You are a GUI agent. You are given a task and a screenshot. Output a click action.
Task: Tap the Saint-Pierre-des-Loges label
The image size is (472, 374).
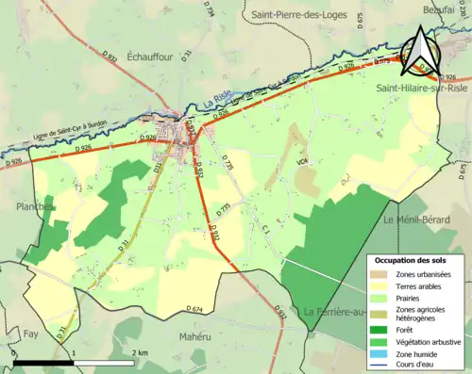click(296, 15)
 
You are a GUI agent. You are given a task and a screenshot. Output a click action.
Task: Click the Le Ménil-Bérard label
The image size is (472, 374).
click(417, 220)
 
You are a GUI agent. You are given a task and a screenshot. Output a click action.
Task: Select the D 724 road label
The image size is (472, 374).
click(211, 11)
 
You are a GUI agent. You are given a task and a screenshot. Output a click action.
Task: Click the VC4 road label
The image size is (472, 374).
click(301, 162)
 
